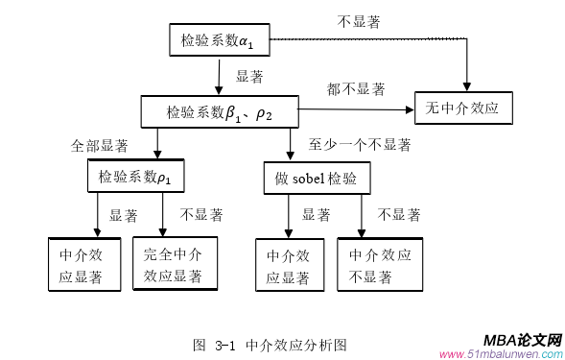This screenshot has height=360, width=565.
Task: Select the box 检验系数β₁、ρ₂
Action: [x=220, y=112]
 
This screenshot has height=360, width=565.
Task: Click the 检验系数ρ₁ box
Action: [x=134, y=177]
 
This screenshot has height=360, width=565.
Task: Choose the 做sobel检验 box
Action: [x=317, y=178]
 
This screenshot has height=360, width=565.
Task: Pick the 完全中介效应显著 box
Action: [x=174, y=264]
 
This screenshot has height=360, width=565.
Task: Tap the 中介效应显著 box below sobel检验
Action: [x=289, y=266]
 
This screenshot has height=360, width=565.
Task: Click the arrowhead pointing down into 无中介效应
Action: [x=467, y=85]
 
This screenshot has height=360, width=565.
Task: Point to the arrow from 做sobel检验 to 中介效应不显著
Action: [x=362, y=216]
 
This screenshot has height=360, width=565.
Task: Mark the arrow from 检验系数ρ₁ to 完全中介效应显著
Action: [x=162, y=216]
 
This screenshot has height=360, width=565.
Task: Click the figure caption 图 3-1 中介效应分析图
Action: [x=270, y=344]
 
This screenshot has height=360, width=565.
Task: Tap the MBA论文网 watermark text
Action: [x=521, y=340]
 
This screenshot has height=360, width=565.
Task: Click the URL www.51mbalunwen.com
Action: [x=500, y=354]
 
